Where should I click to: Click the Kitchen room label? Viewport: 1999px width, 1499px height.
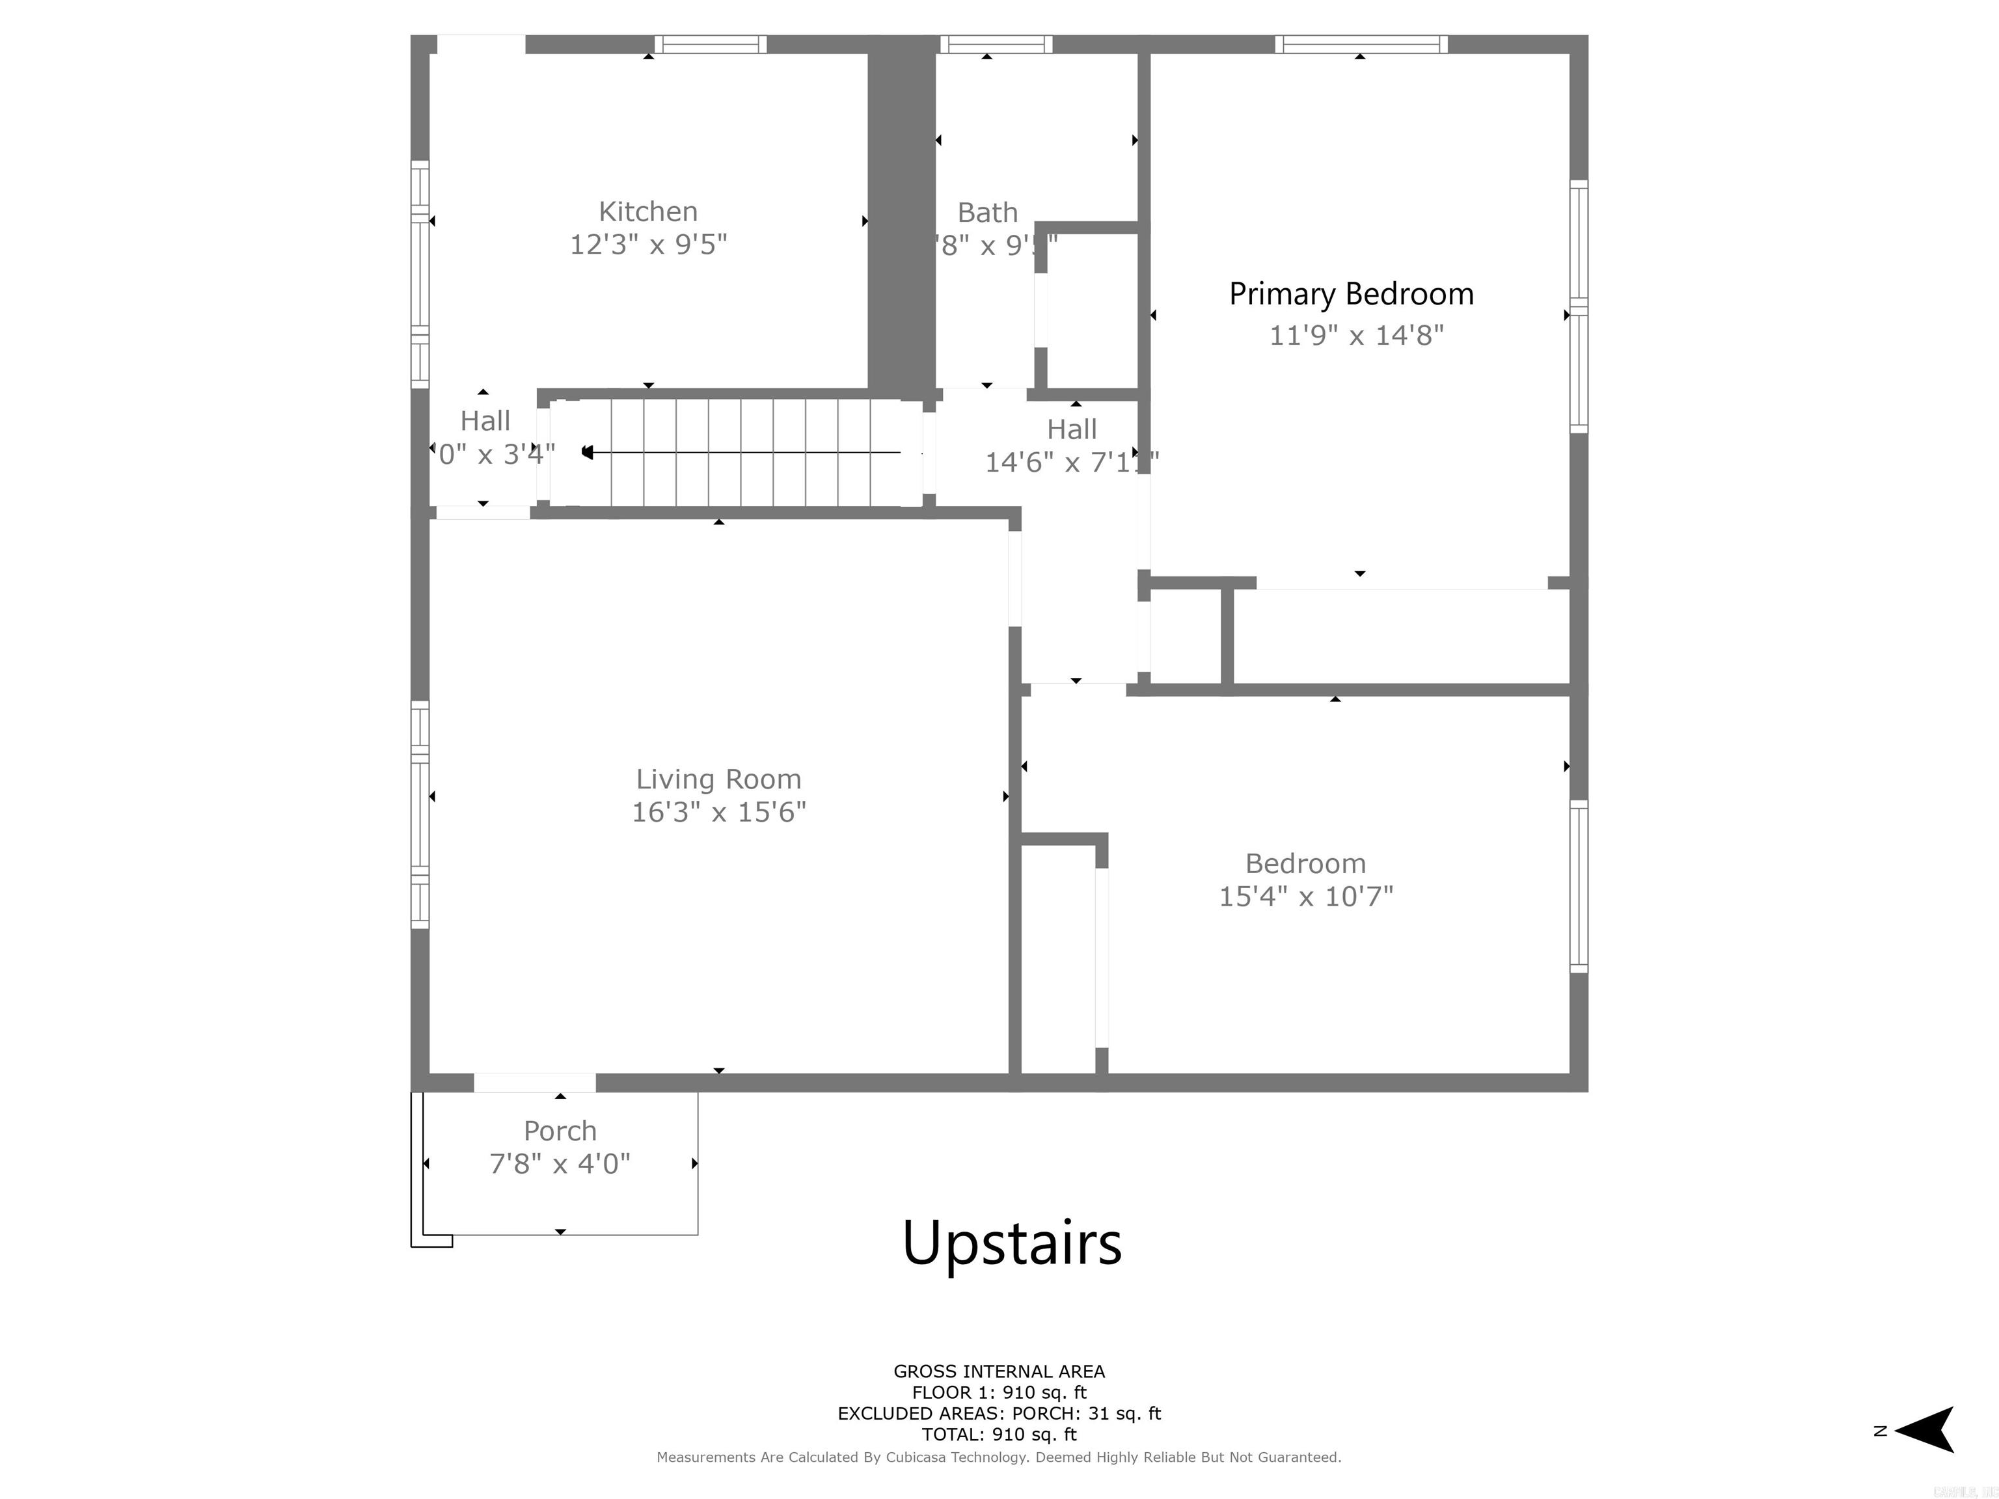coord(648,211)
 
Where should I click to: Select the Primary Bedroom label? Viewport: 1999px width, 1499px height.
coord(1351,293)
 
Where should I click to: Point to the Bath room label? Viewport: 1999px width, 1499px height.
coord(987,212)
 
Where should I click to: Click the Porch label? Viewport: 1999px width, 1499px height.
coord(560,1130)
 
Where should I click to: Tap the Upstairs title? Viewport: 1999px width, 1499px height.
coord(1011,1243)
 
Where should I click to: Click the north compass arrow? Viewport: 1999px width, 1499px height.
coord(1927,1430)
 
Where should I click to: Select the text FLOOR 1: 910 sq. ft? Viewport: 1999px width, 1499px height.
coord(999,1392)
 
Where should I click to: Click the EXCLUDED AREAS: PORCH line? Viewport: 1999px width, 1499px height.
coord(999,1413)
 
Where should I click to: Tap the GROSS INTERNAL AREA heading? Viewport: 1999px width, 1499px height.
coord(999,1371)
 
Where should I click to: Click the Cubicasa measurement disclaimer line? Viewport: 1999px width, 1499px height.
coord(999,1457)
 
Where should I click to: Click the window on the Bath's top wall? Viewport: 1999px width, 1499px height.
coord(996,44)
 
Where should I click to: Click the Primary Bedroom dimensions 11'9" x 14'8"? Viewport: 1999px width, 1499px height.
coord(1357,335)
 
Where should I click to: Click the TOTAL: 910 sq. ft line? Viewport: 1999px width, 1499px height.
coord(999,1434)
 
